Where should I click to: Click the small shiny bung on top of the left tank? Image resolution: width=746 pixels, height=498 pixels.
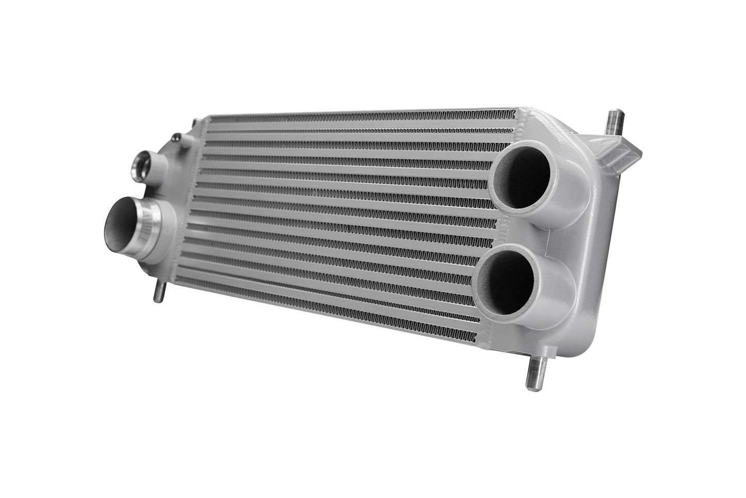click(x=178, y=137)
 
